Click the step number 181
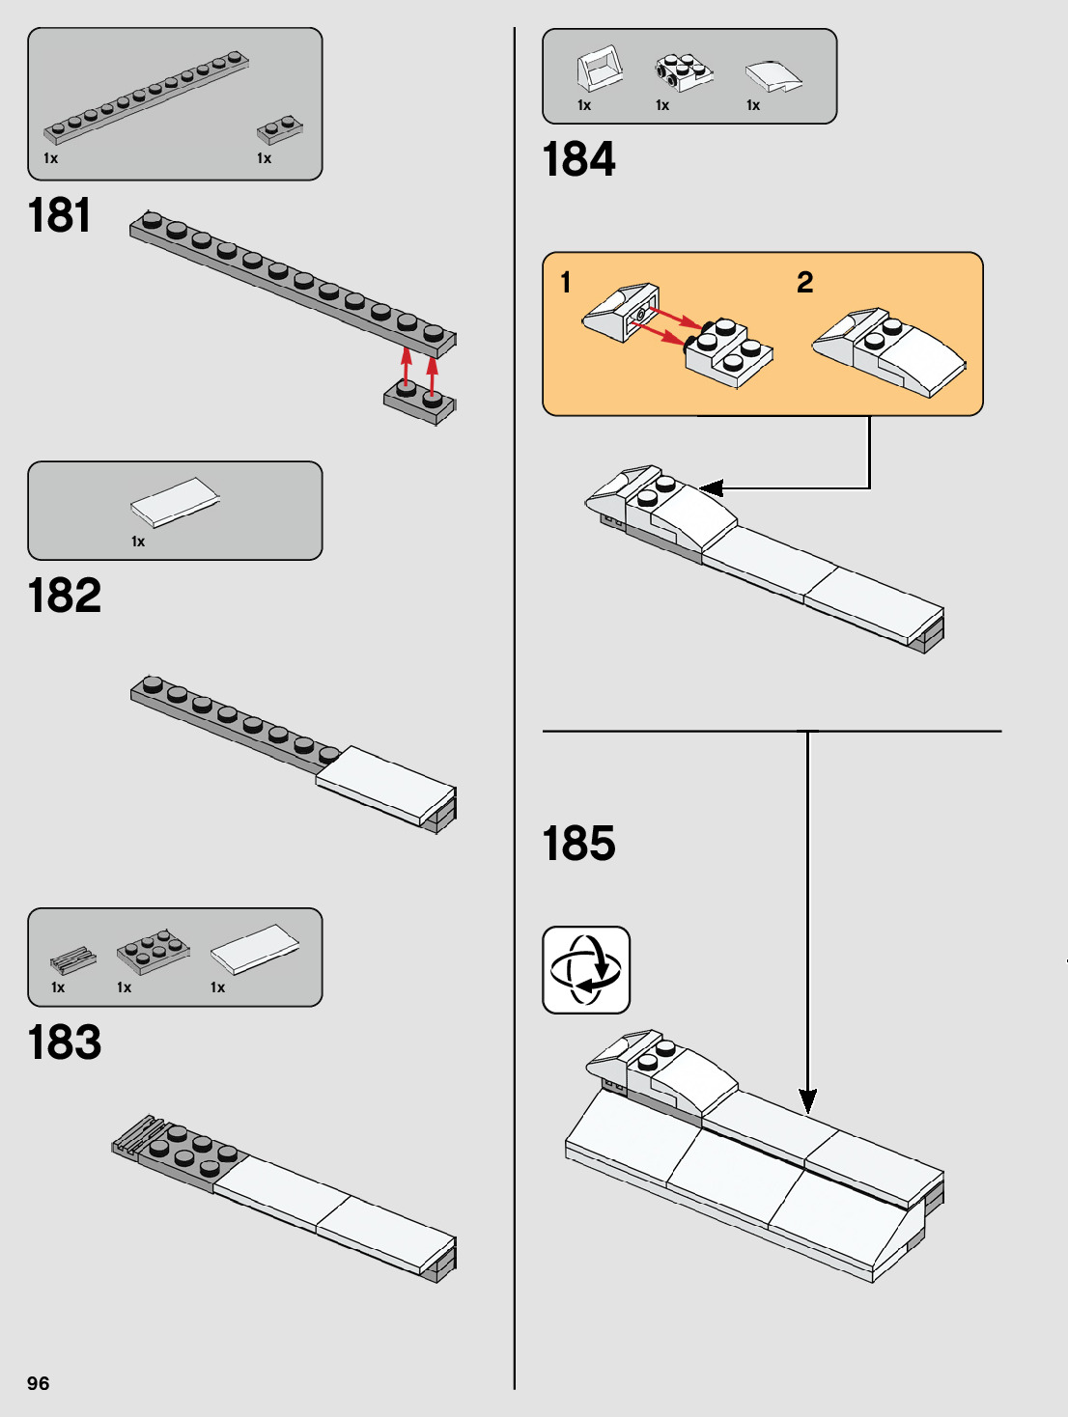click(x=59, y=214)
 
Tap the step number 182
click(x=64, y=595)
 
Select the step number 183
click(x=64, y=1042)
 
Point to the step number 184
click(x=578, y=159)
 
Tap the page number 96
click(x=38, y=1383)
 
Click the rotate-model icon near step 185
click(x=586, y=969)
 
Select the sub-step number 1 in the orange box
click(x=566, y=282)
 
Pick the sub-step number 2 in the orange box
click(x=804, y=282)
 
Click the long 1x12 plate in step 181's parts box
click(x=145, y=97)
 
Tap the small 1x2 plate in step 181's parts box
click(x=280, y=129)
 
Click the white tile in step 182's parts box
click(x=175, y=502)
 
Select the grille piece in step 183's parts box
click(x=72, y=960)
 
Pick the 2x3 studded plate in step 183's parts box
click(x=152, y=951)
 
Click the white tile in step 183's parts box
click(x=254, y=949)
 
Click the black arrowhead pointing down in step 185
click(x=807, y=1100)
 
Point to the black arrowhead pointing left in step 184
click(x=712, y=488)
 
